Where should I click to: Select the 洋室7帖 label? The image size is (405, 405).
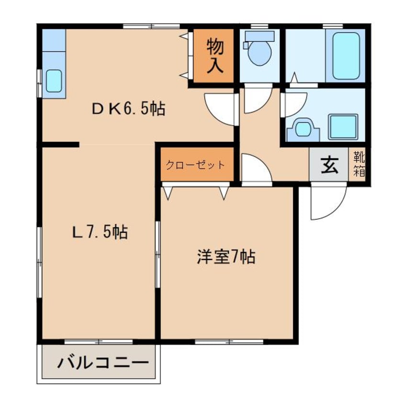tap(225, 258)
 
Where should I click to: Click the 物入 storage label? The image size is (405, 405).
tap(215, 56)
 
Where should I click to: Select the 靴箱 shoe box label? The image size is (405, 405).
tap(359, 164)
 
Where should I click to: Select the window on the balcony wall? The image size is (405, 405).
tap(99, 342)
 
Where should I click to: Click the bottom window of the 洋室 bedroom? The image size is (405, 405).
tap(229, 342)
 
